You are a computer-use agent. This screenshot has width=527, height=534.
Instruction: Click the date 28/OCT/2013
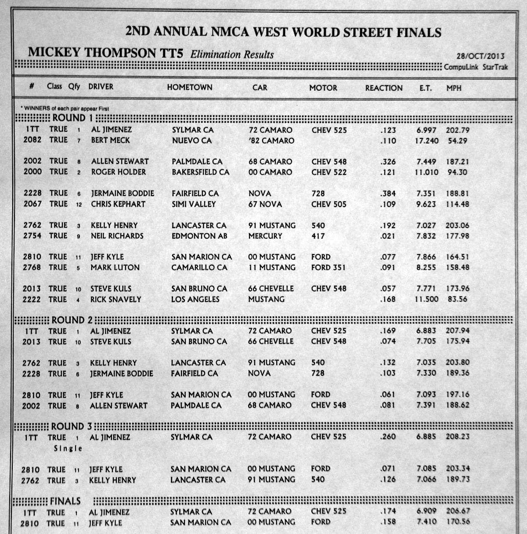tap(480, 56)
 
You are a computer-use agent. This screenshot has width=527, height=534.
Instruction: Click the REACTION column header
tap(383, 88)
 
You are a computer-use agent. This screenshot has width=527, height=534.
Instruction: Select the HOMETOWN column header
tap(189, 87)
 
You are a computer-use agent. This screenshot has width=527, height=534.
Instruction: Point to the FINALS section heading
tap(65, 501)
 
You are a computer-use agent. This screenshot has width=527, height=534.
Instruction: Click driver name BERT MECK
tap(110, 141)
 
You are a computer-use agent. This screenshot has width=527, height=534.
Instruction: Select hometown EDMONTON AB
tap(199, 236)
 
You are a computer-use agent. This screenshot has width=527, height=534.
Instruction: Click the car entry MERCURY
tap(265, 236)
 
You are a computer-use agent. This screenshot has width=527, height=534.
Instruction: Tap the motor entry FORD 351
tap(328, 268)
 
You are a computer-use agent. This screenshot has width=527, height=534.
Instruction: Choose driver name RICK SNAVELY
tap(116, 299)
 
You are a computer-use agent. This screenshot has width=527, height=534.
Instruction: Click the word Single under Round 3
tap(68, 448)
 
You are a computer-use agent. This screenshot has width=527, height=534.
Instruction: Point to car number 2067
tap(32, 204)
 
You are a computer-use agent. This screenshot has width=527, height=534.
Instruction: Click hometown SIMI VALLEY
tap(194, 204)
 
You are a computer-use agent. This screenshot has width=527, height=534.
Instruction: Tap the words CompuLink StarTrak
tap(476, 67)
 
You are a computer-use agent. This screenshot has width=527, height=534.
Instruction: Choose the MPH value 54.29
tap(457, 141)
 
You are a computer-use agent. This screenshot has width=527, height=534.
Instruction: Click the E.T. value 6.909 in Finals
tap(426, 512)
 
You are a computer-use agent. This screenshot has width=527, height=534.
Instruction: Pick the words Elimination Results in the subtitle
tap(232, 55)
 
